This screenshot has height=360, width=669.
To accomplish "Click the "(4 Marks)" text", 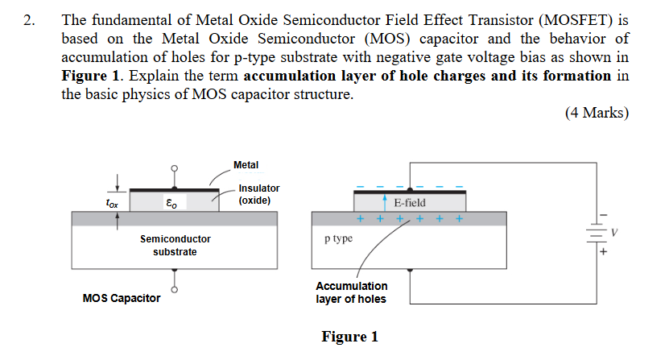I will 597,113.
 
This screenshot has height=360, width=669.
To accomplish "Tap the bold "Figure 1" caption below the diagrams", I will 349,337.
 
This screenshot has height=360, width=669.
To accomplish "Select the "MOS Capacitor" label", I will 122,299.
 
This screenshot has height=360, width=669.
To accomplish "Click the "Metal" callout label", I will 246,165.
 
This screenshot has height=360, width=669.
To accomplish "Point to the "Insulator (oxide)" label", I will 258,194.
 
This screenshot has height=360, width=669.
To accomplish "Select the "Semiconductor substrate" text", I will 175,246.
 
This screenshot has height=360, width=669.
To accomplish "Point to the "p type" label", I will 338,239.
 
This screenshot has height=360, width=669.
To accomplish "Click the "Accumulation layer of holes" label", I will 351,292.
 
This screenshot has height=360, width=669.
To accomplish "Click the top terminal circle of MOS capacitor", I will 174,169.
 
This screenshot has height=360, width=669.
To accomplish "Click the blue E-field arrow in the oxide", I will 386,201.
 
